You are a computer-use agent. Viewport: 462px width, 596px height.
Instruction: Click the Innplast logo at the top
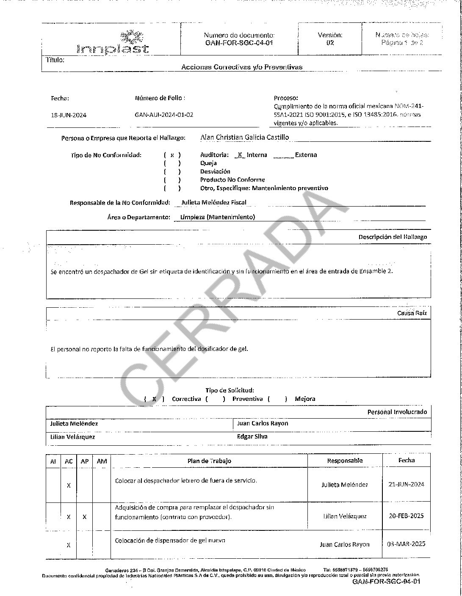(x=113, y=43)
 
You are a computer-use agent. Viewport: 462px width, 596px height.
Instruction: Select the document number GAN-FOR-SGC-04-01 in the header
(x=239, y=43)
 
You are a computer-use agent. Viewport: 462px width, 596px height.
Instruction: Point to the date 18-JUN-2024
(x=68, y=115)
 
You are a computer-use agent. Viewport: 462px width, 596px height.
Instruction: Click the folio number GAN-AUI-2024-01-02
(x=164, y=115)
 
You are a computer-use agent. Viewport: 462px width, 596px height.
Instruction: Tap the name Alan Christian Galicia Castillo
(x=245, y=137)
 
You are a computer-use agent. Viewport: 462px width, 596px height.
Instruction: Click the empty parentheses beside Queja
(x=172, y=163)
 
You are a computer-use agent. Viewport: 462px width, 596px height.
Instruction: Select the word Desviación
(x=215, y=171)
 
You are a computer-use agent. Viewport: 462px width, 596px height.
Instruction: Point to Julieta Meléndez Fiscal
(x=213, y=202)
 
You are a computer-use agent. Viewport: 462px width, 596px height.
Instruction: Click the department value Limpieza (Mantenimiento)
(x=218, y=217)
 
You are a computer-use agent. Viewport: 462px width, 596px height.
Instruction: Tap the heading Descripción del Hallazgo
(x=393, y=237)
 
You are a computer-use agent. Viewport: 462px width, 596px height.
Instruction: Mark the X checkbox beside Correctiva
(x=155, y=399)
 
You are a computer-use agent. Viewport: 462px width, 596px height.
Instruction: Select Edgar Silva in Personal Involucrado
(x=252, y=436)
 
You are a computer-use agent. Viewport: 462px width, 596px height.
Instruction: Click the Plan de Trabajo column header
(x=209, y=461)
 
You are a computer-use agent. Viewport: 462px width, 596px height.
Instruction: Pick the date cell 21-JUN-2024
(x=406, y=485)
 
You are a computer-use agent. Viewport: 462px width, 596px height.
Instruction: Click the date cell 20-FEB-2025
(x=406, y=516)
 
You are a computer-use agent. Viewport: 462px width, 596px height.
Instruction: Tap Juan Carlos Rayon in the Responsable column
(x=345, y=544)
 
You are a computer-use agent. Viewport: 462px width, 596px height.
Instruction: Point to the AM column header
(x=102, y=461)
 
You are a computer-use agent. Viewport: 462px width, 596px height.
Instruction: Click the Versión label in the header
(x=330, y=35)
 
